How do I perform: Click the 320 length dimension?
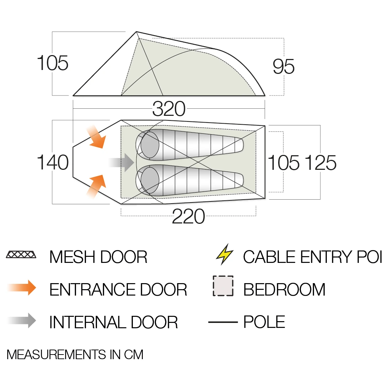pyautogui.click(x=169, y=109)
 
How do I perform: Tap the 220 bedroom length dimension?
pyautogui.click(x=188, y=216)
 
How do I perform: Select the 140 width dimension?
pyautogui.click(x=53, y=162)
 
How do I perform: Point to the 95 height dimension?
pyautogui.click(x=283, y=67)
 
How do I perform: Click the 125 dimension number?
pyautogui.click(x=320, y=163)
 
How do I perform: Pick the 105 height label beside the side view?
pyautogui.click(x=53, y=63)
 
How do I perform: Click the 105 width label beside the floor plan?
pyautogui.click(x=283, y=163)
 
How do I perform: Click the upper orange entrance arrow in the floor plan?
pyautogui.click(x=97, y=137)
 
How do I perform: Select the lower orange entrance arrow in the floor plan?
pyautogui.click(x=97, y=186)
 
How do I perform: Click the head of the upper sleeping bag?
pyautogui.click(x=150, y=145)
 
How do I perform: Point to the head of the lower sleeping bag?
pyautogui.click(x=150, y=180)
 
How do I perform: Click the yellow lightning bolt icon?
pyautogui.click(x=225, y=254)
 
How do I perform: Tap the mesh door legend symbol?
pyautogui.click(x=21, y=254)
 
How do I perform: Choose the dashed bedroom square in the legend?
pyautogui.click(x=223, y=286)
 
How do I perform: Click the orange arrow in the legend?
pyautogui.click(x=22, y=288)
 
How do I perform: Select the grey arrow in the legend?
pyautogui.click(x=22, y=321)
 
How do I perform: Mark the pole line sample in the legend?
pyautogui.click(x=223, y=322)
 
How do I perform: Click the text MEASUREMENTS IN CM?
pyautogui.click(x=75, y=355)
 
